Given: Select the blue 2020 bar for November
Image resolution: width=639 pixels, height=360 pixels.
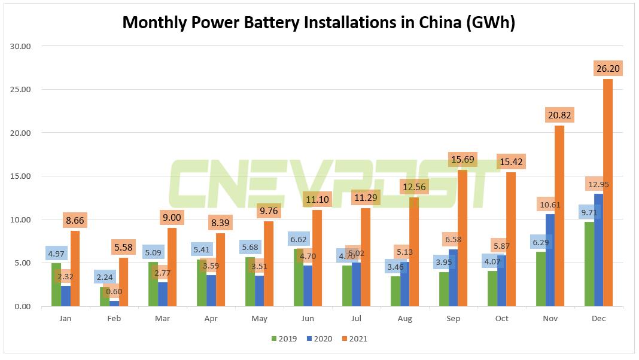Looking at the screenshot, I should (x=550, y=260).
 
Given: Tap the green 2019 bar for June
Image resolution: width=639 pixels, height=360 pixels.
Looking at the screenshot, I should (x=298, y=277).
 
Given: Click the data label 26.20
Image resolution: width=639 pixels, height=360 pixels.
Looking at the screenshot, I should (x=608, y=68).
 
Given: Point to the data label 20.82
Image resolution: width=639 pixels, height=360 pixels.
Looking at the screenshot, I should (x=559, y=114).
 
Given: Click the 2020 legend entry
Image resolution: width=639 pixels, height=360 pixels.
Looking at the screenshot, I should (x=319, y=339).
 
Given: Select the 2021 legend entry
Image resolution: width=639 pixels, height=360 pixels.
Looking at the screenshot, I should (x=353, y=339).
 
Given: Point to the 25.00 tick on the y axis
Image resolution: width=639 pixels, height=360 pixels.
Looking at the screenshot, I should (x=22, y=90).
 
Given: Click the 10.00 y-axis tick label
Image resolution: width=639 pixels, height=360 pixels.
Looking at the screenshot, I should (x=22, y=219).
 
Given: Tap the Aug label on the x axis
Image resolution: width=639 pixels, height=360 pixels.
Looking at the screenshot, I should (x=404, y=319).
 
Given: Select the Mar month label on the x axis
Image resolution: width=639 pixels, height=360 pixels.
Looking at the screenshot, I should (x=162, y=319).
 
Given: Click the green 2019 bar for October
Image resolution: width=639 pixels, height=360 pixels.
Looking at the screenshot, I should (x=492, y=289).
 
